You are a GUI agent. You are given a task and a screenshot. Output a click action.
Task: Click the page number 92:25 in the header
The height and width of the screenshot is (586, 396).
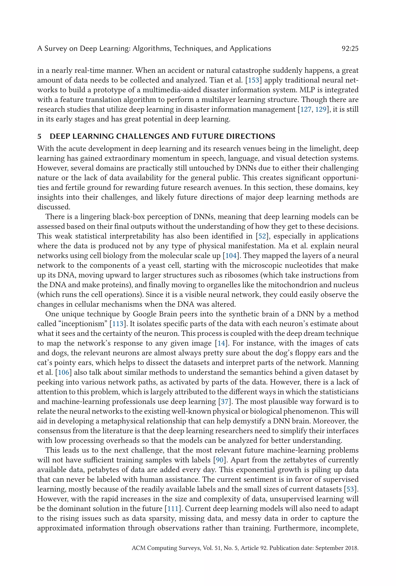pyautogui.click(x=350, y=48)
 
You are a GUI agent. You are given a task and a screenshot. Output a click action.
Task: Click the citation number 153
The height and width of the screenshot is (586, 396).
pyautogui.click(x=253, y=80)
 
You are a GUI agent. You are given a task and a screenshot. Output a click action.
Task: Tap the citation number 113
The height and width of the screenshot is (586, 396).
pyautogui.click(x=117, y=324)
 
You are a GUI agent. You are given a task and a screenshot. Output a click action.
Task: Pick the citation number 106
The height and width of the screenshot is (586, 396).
pyautogui.click(x=63, y=372)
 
